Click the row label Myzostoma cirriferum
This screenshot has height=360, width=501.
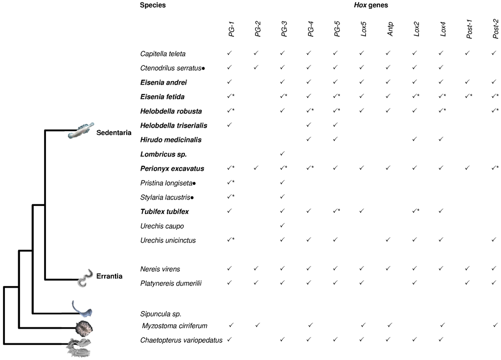pos(175,326)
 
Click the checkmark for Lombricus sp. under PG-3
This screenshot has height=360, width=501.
pos(282,154)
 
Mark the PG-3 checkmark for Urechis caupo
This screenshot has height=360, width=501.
pos(282,226)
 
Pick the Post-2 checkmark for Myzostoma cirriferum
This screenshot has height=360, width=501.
pos(495,325)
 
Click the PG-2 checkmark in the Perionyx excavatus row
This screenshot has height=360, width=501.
pos(256,168)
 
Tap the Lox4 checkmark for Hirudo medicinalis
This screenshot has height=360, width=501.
pos(441,139)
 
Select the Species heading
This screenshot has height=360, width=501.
pos(152,5)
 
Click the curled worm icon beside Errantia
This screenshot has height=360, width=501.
pos(86,277)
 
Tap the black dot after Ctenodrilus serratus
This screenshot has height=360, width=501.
pos(203,68)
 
